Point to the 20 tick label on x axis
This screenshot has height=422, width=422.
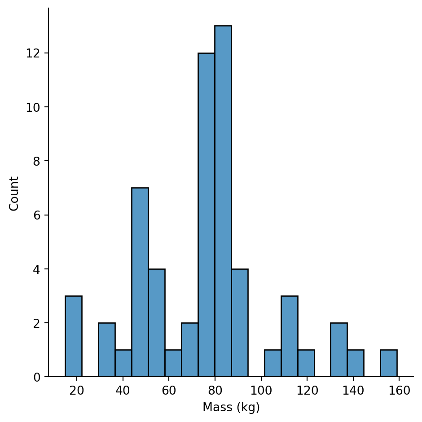pyautogui.click(x=77, y=390)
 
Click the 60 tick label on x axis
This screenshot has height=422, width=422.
pyautogui.click(x=169, y=390)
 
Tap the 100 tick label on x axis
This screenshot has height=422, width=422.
pyautogui.click(x=261, y=390)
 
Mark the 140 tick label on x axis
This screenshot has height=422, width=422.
pyautogui.click(x=353, y=390)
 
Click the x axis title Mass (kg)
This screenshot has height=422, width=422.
pyautogui.click(x=231, y=407)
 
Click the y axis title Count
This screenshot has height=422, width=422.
pyautogui.click(x=14, y=193)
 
